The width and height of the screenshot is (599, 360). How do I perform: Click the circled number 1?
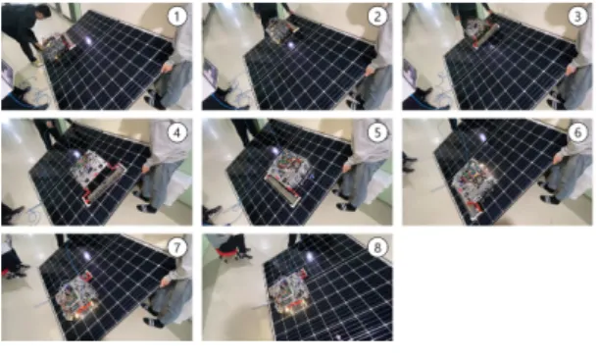(x=176, y=17)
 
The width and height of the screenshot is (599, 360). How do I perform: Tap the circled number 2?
(x=377, y=17)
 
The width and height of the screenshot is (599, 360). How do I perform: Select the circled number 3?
(x=577, y=17)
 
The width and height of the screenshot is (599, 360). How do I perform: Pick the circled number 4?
(x=176, y=132)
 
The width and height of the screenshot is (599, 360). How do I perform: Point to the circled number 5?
(x=377, y=132)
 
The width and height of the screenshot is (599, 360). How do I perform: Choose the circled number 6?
(x=577, y=132)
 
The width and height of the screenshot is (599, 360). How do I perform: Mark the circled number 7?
(x=176, y=247)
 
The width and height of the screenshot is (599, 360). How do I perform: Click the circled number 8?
(x=377, y=247)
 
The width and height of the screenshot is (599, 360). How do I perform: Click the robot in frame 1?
(x=58, y=47)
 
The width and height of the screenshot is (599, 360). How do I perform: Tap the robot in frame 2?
(x=282, y=29)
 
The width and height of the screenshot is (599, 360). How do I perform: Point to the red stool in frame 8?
(x=226, y=253)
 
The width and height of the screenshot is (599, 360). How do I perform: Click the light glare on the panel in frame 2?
(x=291, y=45)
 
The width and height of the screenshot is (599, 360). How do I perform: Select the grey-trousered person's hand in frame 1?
(x=166, y=68)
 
